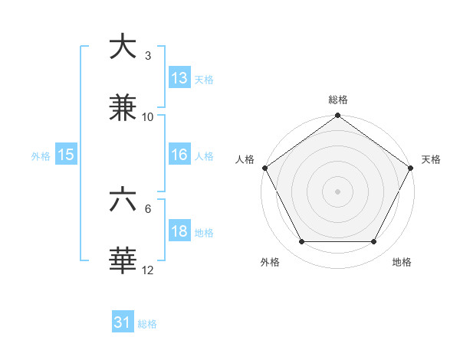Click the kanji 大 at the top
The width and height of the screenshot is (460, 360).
pyautogui.click(x=123, y=47)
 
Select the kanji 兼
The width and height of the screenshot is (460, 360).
pyautogui.click(x=123, y=108)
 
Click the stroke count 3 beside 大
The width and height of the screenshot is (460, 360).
pyautogui.click(x=147, y=56)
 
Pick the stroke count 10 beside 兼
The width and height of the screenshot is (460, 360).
pyautogui.click(x=148, y=117)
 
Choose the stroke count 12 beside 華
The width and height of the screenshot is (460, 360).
pyautogui.click(x=148, y=270)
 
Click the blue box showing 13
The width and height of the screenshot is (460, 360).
pyautogui.click(x=179, y=78)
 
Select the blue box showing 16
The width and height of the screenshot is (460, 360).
pyautogui.click(x=179, y=155)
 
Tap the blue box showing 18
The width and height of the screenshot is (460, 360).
pyautogui.click(x=179, y=232)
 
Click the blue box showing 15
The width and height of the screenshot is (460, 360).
pyautogui.click(x=66, y=155)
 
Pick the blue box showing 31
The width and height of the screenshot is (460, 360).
pyautogui.click(x=122, y=323)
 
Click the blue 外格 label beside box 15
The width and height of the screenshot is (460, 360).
pyautogui.click(x=41, y=156)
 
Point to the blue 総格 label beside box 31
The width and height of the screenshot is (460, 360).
pyautogui.click(x=147, y=324)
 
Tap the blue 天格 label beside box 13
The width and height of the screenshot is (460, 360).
pyautogui.click(x=204, y=80)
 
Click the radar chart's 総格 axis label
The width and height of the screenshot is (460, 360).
pyautogui.click(x=338, y=100)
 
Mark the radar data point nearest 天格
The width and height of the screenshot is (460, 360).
pyautogui.click(x=411, y=168)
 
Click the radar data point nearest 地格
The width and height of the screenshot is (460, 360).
pyautogui.click(x=374, y=242)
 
